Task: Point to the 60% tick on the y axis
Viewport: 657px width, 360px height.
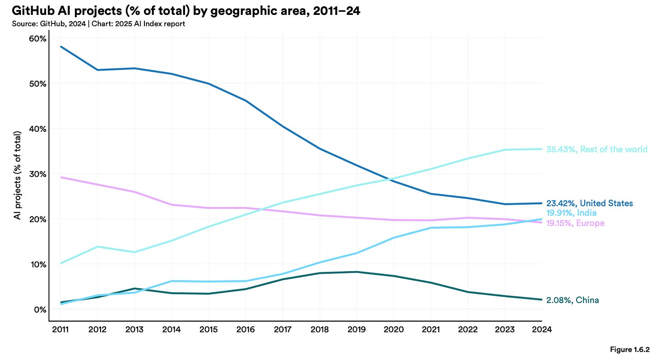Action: click(37, 39)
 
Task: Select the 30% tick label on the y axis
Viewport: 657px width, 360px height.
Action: click(37, 174)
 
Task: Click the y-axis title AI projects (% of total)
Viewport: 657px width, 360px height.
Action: click(18, 176)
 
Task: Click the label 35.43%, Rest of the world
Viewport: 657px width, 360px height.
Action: click(597, 149)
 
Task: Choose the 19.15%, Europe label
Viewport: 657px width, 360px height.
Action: click(575, 223)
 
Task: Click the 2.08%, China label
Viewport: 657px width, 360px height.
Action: click(573, 300)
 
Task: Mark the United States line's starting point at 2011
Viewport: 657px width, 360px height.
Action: click(60, 46)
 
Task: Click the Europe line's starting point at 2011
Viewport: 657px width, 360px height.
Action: click(60, 177)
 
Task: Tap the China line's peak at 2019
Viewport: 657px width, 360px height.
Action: click(356, 272)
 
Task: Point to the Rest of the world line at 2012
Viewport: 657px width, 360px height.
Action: click(97, 247)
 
